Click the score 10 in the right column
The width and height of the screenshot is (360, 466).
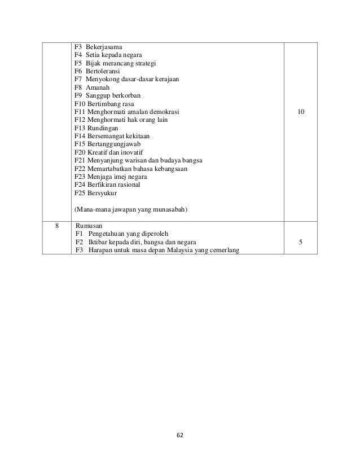point(301,112)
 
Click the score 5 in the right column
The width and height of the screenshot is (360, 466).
point(301,243)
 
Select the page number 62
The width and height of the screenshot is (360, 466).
point(180,436)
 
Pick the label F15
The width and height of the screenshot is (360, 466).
point(80,145)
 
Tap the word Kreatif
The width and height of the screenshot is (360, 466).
point(98,153)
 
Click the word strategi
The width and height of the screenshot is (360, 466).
point(144,63)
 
